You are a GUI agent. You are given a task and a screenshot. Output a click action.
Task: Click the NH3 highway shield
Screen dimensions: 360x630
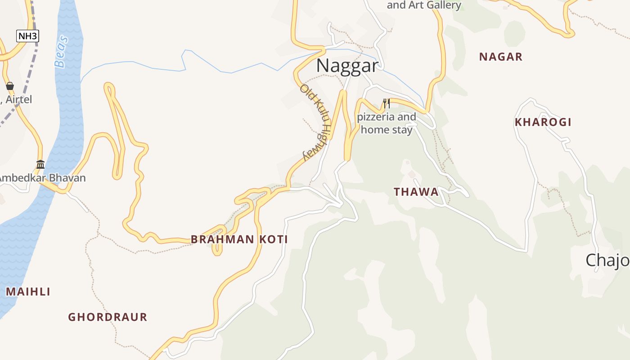[x=27, y=36]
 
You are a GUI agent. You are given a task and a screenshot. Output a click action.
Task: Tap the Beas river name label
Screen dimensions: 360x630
[x=62, y=51]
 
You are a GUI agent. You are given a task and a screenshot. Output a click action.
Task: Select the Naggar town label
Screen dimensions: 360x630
[x=347, y=66]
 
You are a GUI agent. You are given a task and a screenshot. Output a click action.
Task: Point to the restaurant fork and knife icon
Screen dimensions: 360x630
[x=386, y=103]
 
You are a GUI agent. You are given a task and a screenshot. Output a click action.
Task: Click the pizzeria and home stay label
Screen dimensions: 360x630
[x=387, y=124]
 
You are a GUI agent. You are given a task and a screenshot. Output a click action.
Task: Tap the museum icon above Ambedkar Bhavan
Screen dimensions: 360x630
[x=40, y=164]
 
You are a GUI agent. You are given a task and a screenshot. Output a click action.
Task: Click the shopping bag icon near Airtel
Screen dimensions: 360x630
[x=10, y=85]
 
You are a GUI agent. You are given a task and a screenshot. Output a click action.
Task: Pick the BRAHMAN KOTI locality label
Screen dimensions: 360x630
[x=239, y=239]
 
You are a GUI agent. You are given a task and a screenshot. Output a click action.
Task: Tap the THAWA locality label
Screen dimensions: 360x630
[x=416, y=192]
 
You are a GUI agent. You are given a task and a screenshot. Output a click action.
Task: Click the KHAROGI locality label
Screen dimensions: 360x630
[x=543, y=122]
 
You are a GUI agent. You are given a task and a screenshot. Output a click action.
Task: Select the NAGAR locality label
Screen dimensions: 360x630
[x=500, y=57]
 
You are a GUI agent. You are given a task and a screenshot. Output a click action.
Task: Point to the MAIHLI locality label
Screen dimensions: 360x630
[x=28, y=292]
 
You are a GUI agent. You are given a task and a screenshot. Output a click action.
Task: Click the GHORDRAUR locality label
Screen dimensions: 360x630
[x=108, y=317]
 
